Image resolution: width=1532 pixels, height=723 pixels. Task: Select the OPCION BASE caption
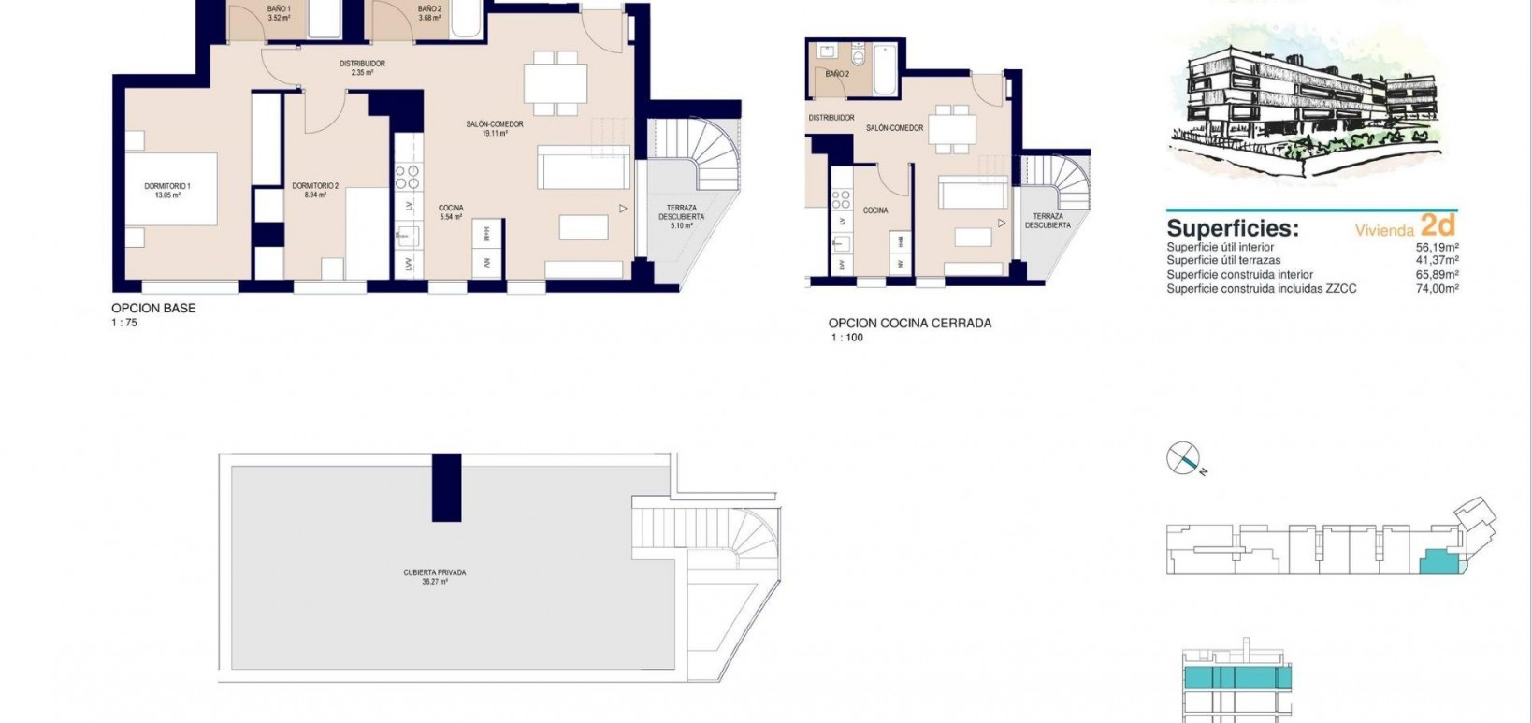(153, 308)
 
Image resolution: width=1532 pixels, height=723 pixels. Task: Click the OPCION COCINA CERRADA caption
(909, 324)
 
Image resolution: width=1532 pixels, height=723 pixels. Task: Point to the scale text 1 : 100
(846, 338)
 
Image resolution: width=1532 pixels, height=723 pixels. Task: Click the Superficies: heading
(1233, 228)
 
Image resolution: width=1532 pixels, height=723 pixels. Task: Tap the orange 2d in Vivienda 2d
(1438, 224)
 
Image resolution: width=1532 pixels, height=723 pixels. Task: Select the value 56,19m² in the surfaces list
(1438, 248)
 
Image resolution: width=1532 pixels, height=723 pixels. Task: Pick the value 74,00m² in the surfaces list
(1438, 289)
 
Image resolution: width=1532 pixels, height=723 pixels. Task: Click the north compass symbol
(1183, 458)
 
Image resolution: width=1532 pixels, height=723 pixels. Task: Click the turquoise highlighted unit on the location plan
(1437, 561)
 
